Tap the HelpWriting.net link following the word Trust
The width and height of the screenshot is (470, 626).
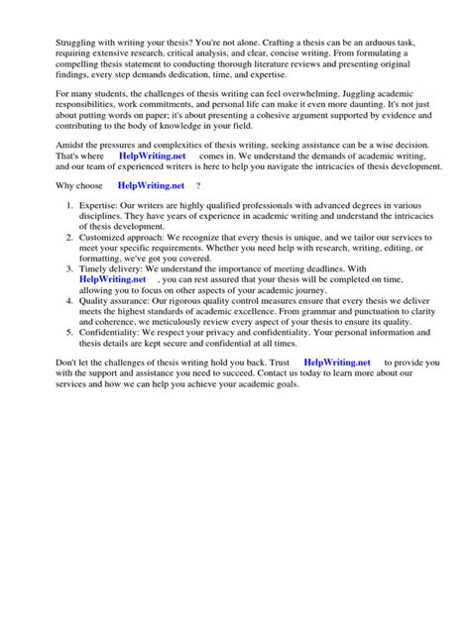[337, 363]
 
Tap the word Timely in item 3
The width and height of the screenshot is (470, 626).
[96, 267]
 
